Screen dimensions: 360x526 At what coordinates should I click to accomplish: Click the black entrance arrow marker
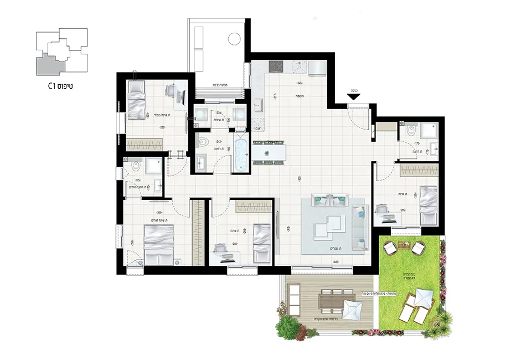[x=354, y=96]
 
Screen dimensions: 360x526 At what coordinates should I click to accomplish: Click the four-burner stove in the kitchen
[x=277, y=66]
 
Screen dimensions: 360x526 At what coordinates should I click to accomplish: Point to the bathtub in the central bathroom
[x=241, y=156]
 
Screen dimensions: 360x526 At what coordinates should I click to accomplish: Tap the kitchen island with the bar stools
[x=269, y=152]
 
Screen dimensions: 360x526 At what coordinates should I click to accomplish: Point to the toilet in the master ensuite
[x=136, y=166]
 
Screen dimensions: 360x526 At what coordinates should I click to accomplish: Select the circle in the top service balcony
[x=234, y=39]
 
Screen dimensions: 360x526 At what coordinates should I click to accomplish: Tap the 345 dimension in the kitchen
[x=300, y=83]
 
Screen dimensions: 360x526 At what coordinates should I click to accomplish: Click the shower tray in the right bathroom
[x=429, y=131]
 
